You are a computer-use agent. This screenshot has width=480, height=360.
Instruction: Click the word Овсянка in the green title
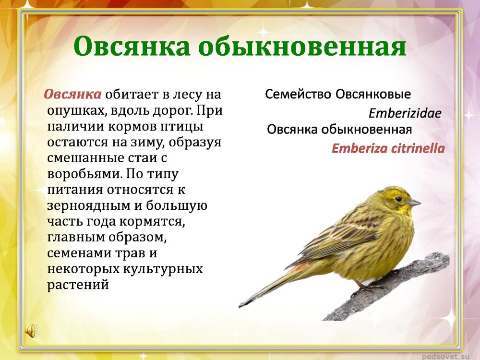[x=132, y=47]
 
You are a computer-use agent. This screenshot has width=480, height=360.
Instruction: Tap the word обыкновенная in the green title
[x=302, y=47]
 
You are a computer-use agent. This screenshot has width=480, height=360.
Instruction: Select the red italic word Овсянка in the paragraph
[x=72, y=94]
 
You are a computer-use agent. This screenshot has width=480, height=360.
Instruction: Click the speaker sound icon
[x=31, y=331]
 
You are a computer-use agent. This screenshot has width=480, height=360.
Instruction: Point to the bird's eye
[x=398, y=199]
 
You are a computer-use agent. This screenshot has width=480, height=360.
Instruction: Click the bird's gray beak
[x=414, y=202]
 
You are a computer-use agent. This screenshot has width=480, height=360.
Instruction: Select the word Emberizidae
[x=405, y=113]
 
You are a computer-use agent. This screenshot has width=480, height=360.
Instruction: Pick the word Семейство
[x=298, y=94]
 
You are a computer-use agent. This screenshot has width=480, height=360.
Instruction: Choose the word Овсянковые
[x=373, y=94]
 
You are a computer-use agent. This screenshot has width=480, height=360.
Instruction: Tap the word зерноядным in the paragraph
[x=88, y=206]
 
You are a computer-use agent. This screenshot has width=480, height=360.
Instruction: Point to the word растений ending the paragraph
[x=78, y=284]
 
